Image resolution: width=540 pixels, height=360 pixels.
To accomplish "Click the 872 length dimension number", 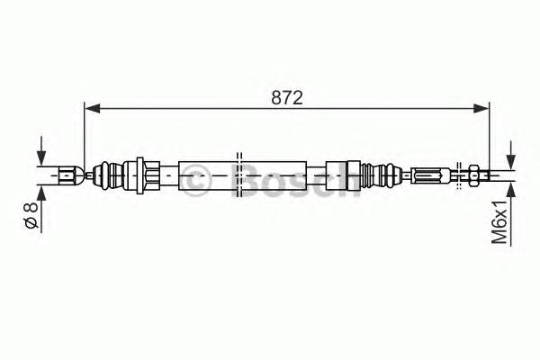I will click(286, 98).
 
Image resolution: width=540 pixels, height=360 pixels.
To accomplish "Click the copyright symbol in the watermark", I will click(196, 180).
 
